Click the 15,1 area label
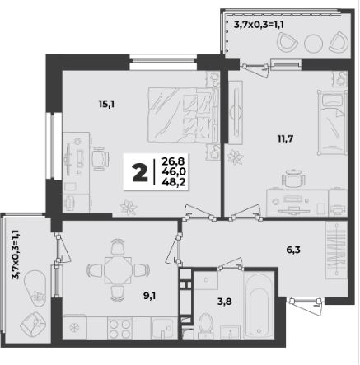coord(106,104)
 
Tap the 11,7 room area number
coord(285,139)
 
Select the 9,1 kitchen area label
coord(149,296)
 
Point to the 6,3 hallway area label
coord(292,250)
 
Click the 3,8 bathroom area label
coord(225,302)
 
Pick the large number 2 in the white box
coord(140,172)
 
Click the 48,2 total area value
coord(174,182)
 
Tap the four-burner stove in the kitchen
coord(119,329)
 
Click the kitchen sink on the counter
coord(163,329)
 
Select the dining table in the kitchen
coord(118,270)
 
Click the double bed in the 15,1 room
coord(180,115)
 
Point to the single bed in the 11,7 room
coord(332,122)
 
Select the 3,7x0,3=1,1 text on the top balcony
coord(259,25)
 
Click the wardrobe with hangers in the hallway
coord(336,250)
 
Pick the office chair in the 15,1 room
coord(100,158)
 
